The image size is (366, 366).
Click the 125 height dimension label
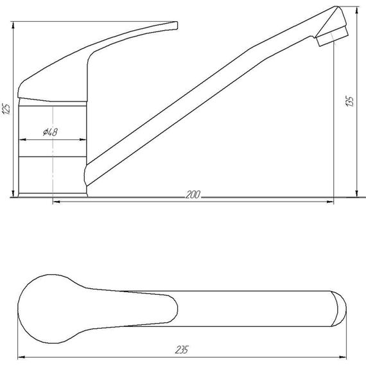click(x=7, y=109)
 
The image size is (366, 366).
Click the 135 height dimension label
click(x=349, y=101)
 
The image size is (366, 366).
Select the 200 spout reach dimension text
click(x=193, y=195)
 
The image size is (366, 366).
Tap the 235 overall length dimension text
click(x=182, y=350)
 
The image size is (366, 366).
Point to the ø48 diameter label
click(x=50, y=132)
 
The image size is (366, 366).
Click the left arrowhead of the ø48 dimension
click(x=22, y=139)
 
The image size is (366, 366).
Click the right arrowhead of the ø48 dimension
click(x=83, y=139)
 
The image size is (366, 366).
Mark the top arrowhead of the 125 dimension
click(x=13, y=25)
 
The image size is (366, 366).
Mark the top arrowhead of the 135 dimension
click(x=356, y=10)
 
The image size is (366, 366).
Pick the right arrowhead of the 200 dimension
click(x=330, y=202)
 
